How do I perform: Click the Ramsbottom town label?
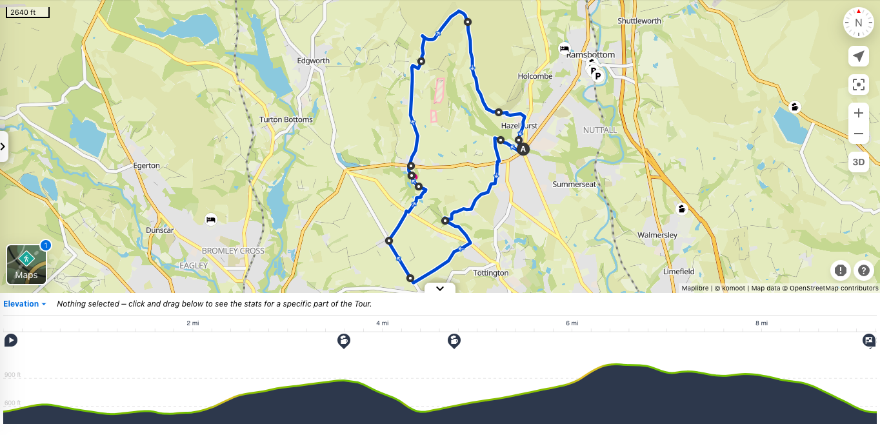coord(590,55)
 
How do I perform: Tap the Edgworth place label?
coord(313,61)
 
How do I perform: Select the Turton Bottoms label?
coord(286,119)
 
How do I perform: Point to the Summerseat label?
coord(574,184)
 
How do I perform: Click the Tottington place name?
coord(491,273)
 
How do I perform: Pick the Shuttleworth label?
coord(639,21)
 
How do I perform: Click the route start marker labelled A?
coord(523,149)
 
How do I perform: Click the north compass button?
coord(858,23)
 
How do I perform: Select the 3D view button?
coord(858,162)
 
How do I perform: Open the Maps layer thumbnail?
coord(26,264)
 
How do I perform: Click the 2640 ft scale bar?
coord(26,12)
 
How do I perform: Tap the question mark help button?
coord(864,270)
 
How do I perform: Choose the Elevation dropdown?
coord(25,304)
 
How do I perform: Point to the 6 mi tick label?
coord(572,323)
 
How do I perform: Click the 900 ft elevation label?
coord(13,375)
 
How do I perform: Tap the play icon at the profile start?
coord(11,340)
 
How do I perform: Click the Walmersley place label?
coord(657,235)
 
